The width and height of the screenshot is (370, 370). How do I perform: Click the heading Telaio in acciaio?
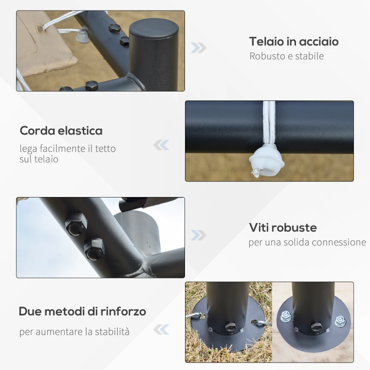point(294,42)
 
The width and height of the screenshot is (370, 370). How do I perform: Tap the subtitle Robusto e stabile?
point(286,56)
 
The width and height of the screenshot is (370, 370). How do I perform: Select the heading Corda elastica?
point(61,130)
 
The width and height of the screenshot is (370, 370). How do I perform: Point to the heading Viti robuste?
point(283,228)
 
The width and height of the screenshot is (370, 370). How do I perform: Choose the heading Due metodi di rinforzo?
point(82,311)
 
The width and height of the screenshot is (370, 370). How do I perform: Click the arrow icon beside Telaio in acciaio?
point(198,48)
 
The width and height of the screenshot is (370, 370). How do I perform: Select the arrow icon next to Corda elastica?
point(161,145)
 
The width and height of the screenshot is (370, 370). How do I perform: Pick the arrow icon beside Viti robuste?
point(198,235)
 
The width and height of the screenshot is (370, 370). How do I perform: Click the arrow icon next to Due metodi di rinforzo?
point(161,330)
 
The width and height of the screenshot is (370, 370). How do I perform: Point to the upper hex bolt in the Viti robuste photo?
point(76,224)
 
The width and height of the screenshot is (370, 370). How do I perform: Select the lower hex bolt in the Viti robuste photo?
point(94,249)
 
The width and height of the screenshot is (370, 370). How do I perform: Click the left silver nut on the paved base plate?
point(286,317)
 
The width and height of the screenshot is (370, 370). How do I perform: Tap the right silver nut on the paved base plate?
point(340,321)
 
